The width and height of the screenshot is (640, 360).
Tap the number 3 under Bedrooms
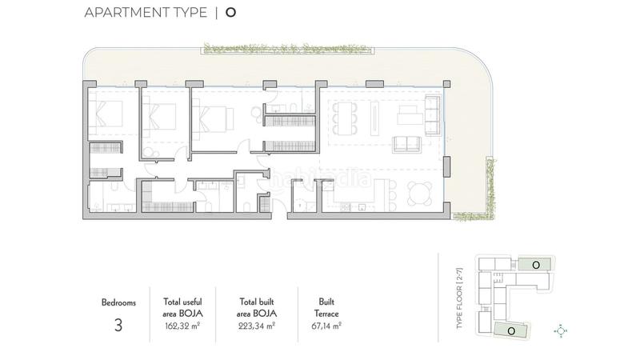click(x=119, y=325)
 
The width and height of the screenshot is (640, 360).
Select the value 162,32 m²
click(x=182, y=326)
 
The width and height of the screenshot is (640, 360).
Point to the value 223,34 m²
click(x=258, y=326)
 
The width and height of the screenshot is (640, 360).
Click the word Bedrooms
click(x=119, y=303)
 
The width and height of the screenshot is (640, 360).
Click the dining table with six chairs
click(x=346, y=117)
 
